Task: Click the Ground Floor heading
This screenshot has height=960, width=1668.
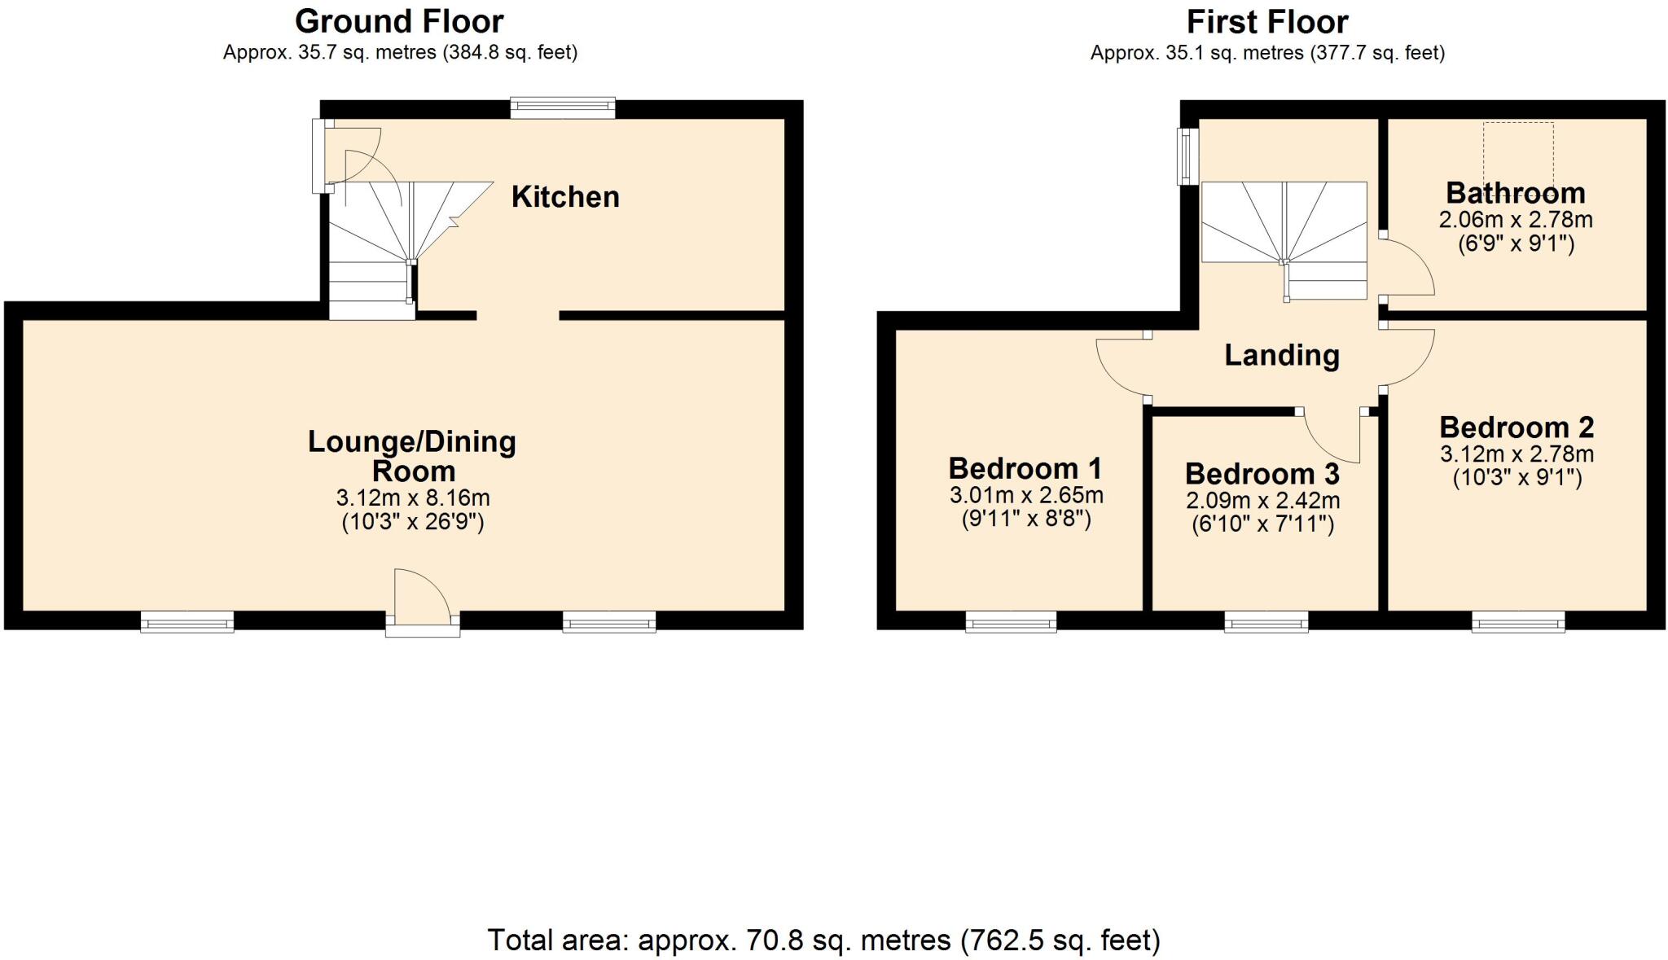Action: (x=399, y=21)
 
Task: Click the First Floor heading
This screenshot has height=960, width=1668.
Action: (x=1267, y=21)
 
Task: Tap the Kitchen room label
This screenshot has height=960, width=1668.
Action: (x=565, y=197)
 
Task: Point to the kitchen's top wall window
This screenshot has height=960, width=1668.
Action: (x=563, y=108)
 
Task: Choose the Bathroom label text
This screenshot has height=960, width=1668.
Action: (x=1516, y=193)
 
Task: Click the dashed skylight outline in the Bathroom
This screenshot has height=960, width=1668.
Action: (x=1518, y=155)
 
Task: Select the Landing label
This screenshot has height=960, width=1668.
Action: (x=1282, y=355)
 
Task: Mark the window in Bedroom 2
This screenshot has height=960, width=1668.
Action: (x=1518, y=623)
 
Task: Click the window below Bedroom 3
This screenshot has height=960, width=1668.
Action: (x=1266, y=623)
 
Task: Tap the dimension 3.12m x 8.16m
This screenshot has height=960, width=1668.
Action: (x=413, y=498)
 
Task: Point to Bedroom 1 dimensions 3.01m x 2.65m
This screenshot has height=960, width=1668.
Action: (x=1026, y=495)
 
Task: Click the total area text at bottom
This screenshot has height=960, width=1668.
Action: (x=823, y=940)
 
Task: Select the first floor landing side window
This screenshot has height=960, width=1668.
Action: (x=1187, y=156)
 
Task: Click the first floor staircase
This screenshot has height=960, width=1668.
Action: (x=1284, y=240)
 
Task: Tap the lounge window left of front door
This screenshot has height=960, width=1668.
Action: (x=187, y=623)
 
